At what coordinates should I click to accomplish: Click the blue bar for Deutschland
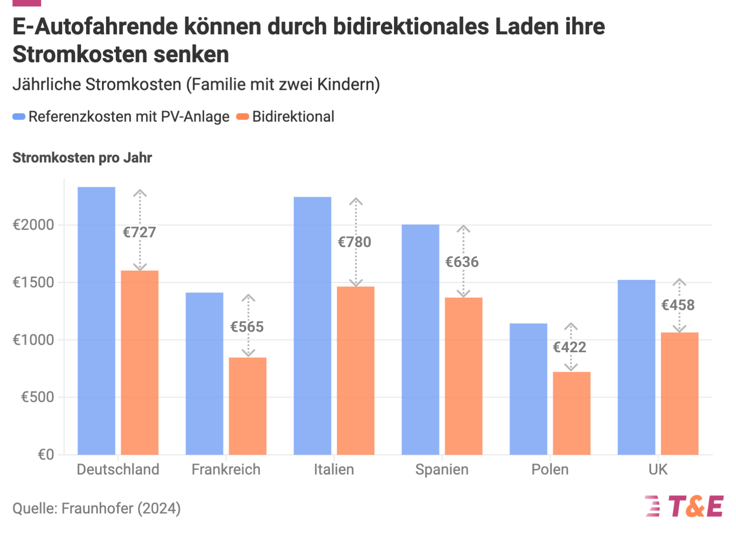point(96,321)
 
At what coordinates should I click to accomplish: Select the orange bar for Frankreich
point(247,406)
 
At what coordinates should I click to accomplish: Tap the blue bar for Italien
point(312,326)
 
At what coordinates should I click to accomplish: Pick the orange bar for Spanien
point(463,376)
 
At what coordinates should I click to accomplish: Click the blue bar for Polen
point(528,389)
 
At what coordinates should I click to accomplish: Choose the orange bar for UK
point(679,393)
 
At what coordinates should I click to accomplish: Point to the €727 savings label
point(140,232)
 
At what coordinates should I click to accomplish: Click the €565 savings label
point(247,327)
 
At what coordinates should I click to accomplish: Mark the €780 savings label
point(355,242)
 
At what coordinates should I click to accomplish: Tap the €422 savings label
point(570,348)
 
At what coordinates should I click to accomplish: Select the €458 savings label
point(678,305)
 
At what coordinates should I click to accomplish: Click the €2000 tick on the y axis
point(33,225)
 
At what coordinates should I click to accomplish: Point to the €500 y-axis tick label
point(38,397)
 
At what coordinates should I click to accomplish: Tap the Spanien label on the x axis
point(442,470)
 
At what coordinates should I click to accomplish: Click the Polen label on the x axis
point(550,470)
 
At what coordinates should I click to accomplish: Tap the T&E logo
point(685,506)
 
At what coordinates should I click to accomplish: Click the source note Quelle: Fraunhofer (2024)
point(96,508)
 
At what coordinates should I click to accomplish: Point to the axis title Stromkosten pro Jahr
point(82,158)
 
